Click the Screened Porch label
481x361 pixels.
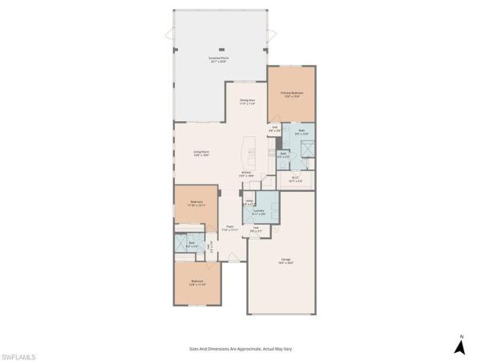pos(218,60)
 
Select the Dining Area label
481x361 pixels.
pos(247,102)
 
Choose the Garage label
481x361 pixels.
pos(286,261)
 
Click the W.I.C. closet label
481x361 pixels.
pos(295,179)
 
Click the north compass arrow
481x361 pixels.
pos(461,347)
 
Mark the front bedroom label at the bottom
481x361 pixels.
pos(197,282)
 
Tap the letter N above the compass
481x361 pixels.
pos(461,335)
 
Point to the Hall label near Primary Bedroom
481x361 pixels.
pos(275,128)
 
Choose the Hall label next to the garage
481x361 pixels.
pos(257,229)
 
